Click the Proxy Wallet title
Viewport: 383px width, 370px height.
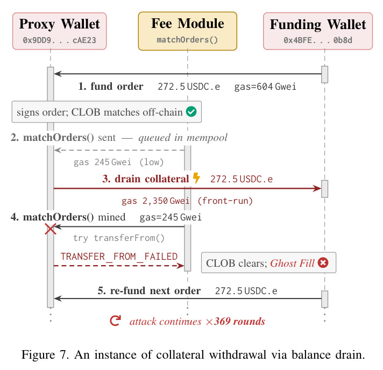59,24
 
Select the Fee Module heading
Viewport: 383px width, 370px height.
188,24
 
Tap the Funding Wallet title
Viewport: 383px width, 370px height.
318,25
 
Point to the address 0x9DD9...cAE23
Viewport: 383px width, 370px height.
59,40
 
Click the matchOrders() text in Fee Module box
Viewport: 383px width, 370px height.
187,40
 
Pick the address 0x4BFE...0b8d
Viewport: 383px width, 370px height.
318,40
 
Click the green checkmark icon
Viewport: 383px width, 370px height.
191,112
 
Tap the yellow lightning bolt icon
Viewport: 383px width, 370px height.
196,178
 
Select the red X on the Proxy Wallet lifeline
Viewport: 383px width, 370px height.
51,229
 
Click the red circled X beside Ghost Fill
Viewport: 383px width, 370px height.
323,263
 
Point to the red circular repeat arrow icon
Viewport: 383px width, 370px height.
115,321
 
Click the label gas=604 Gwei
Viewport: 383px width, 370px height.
265,87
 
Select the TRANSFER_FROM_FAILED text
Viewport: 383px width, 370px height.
119,257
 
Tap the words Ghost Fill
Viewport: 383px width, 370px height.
292,264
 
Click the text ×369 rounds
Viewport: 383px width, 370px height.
236,322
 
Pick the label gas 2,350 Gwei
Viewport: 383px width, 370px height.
155,201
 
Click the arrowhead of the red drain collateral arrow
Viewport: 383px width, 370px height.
317,188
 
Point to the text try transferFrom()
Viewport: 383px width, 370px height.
119,238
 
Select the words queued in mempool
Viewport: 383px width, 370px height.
183,138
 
